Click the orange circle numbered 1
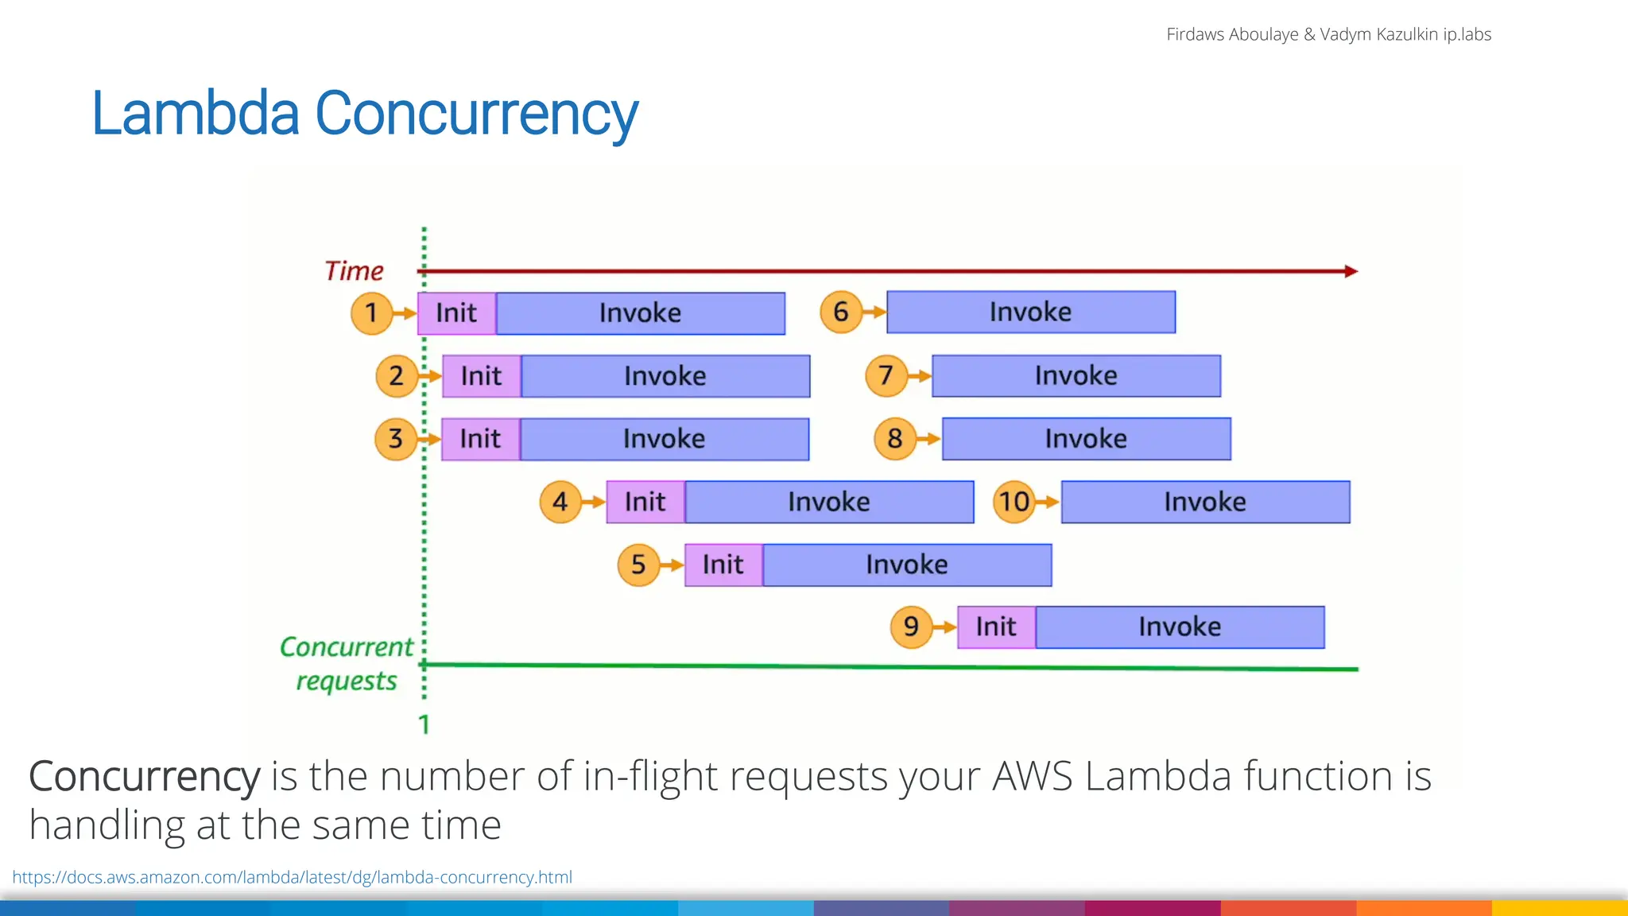pyautogui.click(x=371, y=312)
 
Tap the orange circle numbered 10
pyautogui.click(x=1014, y=502)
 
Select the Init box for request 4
pyautogui.click(x=645, y=502)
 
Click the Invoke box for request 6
pyautogui.click(x=1030, y=312)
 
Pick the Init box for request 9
pyautogui.click(x=996, y=627)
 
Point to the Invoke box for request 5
pyautogui.click(x=906, y=565)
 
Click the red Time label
pyautogui.click(x=354, y=271)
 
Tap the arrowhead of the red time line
pyautogui.click(x=1351, y=271)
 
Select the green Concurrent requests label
pyautogui.click(x=347, y=664)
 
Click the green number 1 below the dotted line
pyautogui.click(x=424, y=724)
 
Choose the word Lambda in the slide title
pyautogui.click(x=195, y=114)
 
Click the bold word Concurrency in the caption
pyautogui.click(x=144, y=776)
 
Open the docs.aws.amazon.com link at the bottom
pyautogui.click(x=292, y=877)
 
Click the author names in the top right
pyautogui.click(x=1328, y=34)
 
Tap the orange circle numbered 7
pyautogui.click(x=886, y=375)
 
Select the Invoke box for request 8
pyautogui.click(x=1086, y=439)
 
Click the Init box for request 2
pyautogui.click(x=481, y=376)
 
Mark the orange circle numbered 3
pyautogui.click(x=395, y=439)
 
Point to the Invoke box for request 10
pyautogui.click(x=1205, y=502)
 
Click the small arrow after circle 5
pyautogui.click(x=673, y=565)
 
